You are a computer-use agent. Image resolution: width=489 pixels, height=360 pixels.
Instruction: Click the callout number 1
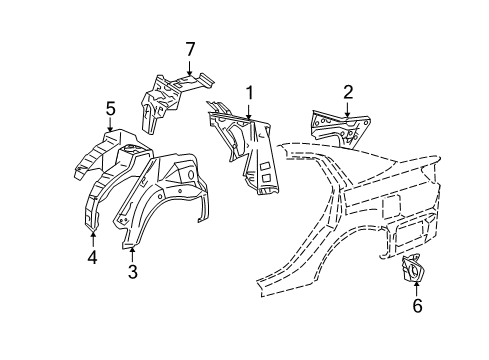pyautogui.click(x=250, y=93)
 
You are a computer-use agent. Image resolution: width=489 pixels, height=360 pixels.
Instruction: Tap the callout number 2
pyautogui.click(x=347, y=92)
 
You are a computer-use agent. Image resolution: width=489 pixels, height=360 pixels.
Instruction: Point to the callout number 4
pyautogui.click(x=91, y=257)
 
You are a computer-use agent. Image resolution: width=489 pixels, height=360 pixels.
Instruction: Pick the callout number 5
pyautogui.click(x=111, y=107)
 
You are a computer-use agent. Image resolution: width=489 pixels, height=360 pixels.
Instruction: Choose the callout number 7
pyautogui.click(x=189, y=48)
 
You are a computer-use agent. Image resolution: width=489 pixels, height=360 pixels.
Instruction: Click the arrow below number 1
pyautogui.click(x=250, y=111)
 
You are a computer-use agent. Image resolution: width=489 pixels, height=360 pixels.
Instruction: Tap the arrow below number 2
pyautogui.click(x=347, y=110)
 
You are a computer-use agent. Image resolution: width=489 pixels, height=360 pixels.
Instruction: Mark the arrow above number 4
pyautogui.click(x=91, y=238)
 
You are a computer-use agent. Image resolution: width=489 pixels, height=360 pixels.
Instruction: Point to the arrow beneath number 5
pyautogui.click(x=111, y=124)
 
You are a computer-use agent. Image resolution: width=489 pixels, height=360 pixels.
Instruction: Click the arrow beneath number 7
pyautogui.click(x=189, y=65)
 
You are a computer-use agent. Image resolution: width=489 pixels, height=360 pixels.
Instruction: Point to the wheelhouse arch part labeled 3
pyautogui.click(x=160, y=200)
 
